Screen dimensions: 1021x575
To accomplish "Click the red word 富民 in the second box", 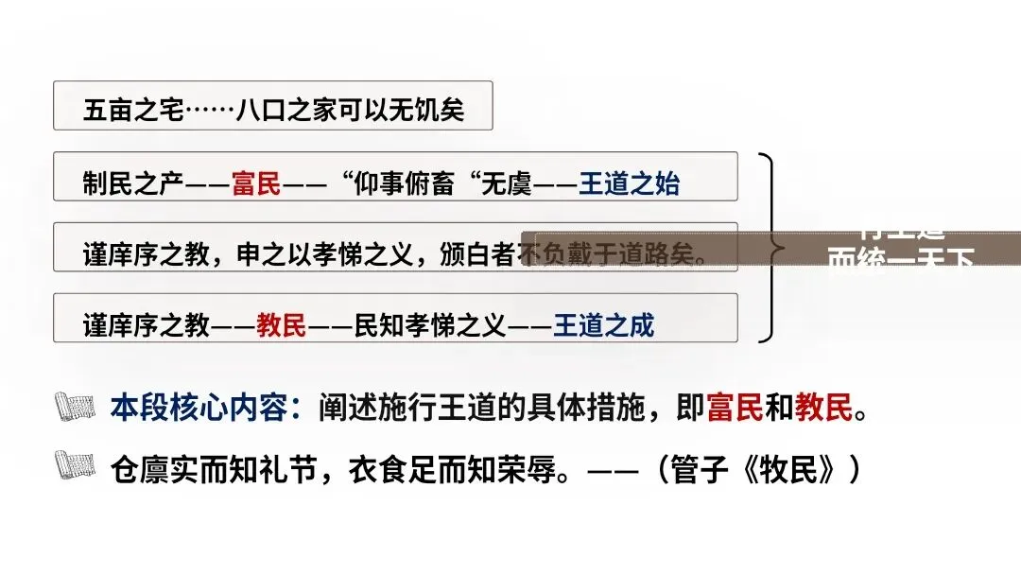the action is point(257,183).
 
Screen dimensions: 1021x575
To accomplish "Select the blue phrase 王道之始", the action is point(629,183).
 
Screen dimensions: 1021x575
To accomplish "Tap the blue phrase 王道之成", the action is point(604,326).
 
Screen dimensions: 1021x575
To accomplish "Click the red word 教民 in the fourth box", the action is point(282,326).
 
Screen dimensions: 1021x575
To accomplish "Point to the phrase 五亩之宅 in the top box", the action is point(132,111).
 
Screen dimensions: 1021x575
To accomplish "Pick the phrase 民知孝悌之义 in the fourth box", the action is point(430,326).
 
